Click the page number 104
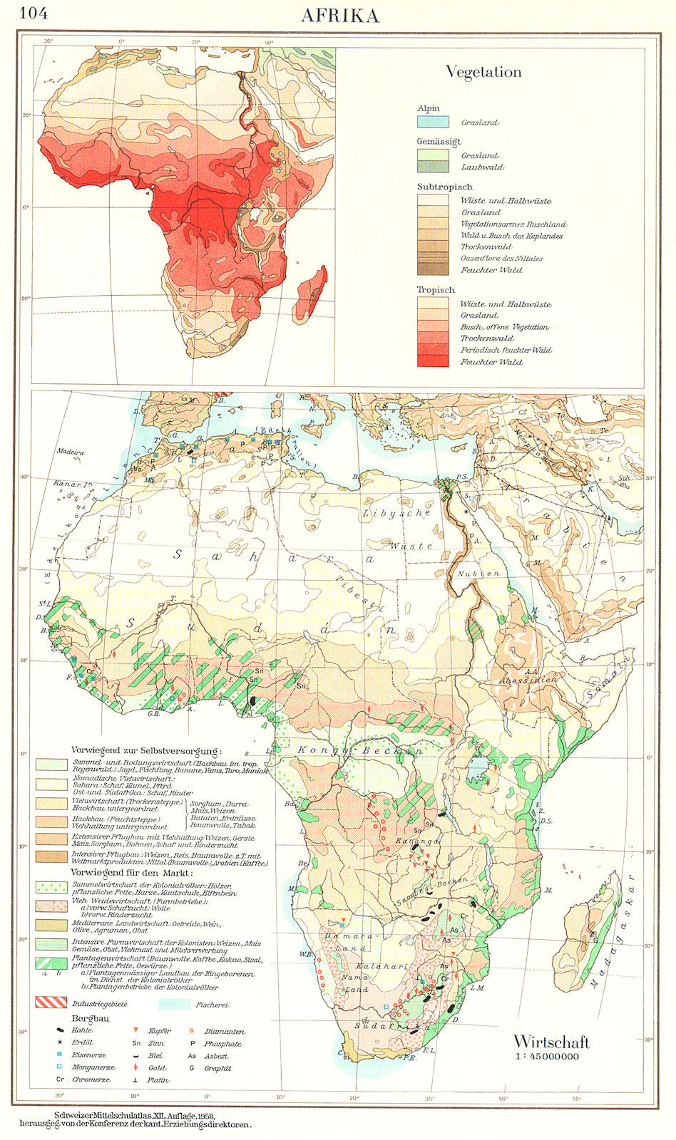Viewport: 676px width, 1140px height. (x=33, y=13)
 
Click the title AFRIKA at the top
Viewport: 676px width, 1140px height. (x=340, y=16)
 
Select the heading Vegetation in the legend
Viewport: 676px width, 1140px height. (x=483, y=72)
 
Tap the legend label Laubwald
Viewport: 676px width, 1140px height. (x=482, y=167)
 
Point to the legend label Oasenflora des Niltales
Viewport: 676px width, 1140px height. (x=502, y=259)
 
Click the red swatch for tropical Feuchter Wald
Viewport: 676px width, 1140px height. (x=433, y=361)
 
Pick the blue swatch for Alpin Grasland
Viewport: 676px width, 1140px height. (x=433, y=122)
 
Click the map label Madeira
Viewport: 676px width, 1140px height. (x=69, y=452)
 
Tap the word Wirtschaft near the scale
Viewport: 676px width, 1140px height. (x=551, y=1043)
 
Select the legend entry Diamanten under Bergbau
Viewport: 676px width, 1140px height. (x=225, y=1031)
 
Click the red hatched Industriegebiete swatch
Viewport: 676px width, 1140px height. (x=51, y=1002)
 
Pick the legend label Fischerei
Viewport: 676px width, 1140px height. (x=212, y=1005)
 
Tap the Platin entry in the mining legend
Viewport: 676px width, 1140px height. (x=158, y=1080)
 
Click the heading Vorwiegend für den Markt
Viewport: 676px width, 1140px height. (x=132, y=872)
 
